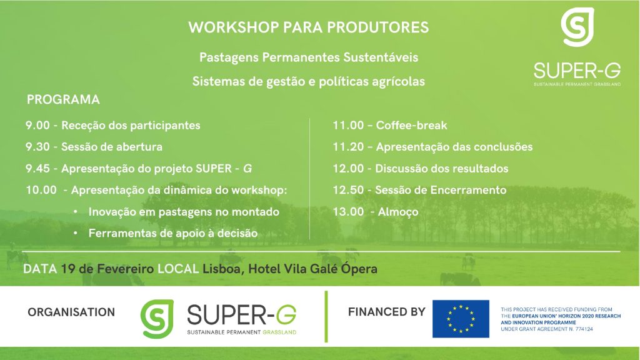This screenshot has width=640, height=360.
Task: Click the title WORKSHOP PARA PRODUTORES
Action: click(309, 27)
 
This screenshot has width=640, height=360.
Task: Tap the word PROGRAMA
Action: click(63, 99)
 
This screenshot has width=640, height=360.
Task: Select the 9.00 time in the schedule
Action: click(37, 125)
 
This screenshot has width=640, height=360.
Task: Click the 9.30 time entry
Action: click(37, 147)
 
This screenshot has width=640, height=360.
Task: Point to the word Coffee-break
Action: click(411, 125)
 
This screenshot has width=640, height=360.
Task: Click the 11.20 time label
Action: click(348, 147)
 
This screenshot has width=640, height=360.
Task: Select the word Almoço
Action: click(398, 212)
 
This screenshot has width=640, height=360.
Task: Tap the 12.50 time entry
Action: click(348, 190)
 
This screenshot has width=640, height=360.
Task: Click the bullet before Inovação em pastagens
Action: click(76, 212)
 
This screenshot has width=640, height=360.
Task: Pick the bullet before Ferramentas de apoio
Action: click(76, 234)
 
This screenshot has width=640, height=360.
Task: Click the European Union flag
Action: click(461, 319)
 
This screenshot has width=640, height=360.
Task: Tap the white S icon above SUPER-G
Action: click(577, 27)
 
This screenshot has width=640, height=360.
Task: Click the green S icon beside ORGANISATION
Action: click(157, 319)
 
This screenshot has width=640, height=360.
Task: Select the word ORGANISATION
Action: click(71, 312)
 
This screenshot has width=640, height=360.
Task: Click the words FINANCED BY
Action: click(386, 312)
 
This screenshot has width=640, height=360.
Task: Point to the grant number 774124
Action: click(584, 329)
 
